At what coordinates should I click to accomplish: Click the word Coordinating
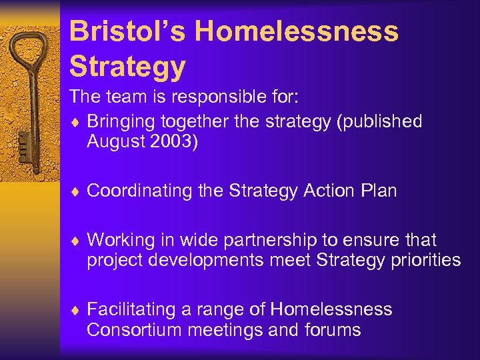139,191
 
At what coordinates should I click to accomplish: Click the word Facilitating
131,309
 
